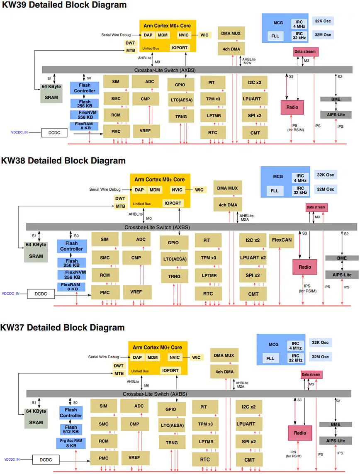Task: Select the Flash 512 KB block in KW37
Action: (x=71, y=429)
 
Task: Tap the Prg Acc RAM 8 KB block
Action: (x=71, y=443)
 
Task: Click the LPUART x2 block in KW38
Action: (x=253, y=258)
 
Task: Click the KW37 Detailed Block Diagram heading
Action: (x=63, y=327)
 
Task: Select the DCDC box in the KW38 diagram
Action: (x=41, y=294)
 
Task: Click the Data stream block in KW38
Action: (x=316, y=207)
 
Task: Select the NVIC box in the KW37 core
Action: (x=175, y=357)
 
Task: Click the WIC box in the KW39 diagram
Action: (x=204, y=35)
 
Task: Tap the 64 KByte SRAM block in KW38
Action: (x=36, y=250)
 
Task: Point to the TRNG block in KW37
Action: (x=172, y=442)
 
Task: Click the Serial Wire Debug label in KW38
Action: (x=105, y=190)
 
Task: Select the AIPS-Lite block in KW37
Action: (x=336, y=440)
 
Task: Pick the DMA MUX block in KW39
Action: (x=231, y=34)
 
